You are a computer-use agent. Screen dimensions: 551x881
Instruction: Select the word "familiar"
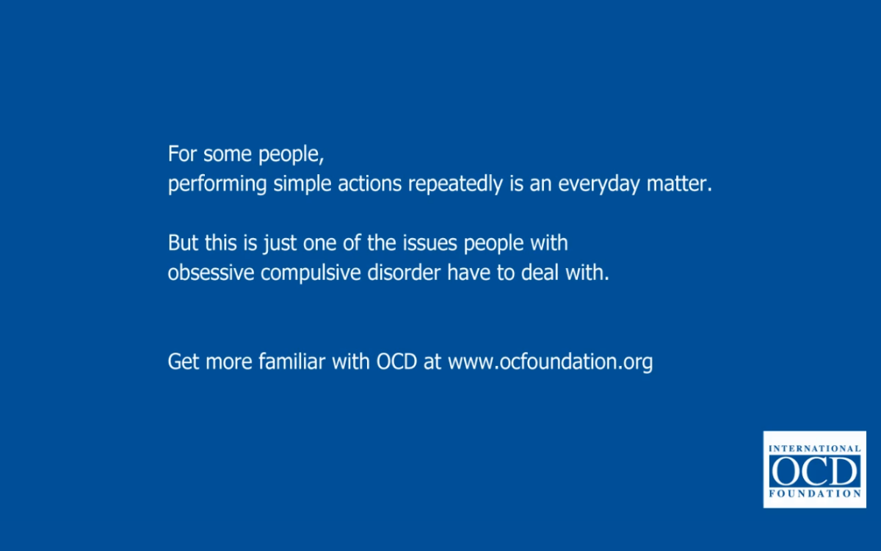pos(291,361)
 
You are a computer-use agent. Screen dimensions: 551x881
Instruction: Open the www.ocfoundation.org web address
pos(550,362)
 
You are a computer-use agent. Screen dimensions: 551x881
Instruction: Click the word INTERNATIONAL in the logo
pos(814,448)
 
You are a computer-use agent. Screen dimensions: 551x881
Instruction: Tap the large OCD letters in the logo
pos(814,471)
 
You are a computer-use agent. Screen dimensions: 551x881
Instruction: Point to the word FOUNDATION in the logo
pos(814,494)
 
